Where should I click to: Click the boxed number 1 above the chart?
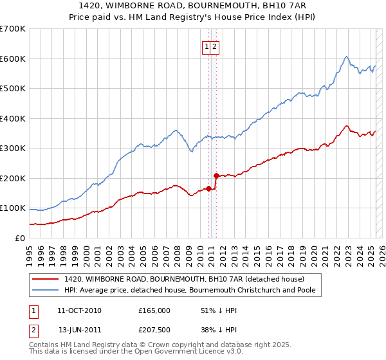click(x=207, y=46)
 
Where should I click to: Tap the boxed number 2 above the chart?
click(x=214, y=46)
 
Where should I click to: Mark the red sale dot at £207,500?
click(x=216, y=175)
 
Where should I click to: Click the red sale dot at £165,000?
click(x=208, y=188)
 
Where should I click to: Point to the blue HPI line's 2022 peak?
click(x=346, y=57)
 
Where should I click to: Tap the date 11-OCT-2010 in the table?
click(x=79, y=310)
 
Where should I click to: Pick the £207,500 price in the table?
click(x=154, y=330)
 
